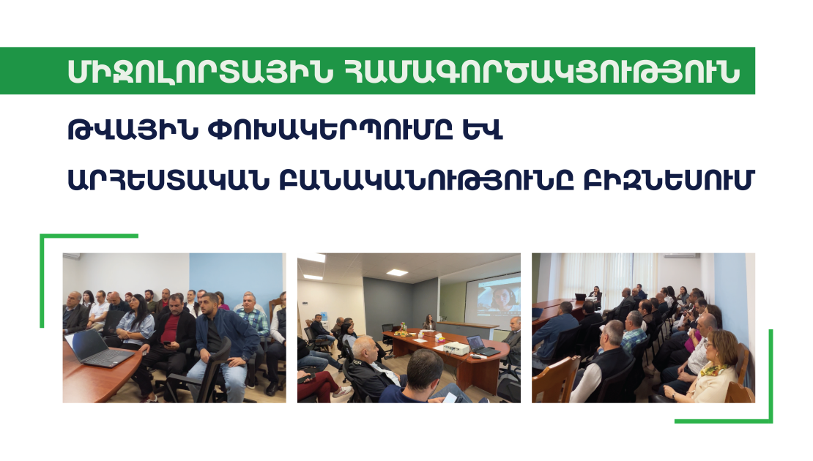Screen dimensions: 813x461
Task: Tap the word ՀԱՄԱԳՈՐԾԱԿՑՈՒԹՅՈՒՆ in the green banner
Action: coord(542,72)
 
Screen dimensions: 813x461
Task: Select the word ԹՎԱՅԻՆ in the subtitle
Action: coord(133,130)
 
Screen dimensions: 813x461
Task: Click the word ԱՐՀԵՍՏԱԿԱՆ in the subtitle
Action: coord(168,179)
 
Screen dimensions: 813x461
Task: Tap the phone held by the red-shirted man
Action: coord(168,343)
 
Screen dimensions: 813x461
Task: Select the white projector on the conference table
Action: coord(453,348)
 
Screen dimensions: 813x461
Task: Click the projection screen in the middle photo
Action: coord(493,294)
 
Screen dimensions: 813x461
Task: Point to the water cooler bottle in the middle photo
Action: coord(324,315)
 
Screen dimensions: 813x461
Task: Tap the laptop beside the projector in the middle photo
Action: coord(481,346)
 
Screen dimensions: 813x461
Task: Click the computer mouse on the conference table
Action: coord(475,356)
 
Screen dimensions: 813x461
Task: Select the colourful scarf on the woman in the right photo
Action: coord(713,370)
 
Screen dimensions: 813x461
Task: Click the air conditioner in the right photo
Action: coord(683,255)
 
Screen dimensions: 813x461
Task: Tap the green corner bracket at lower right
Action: coord(771,421)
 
